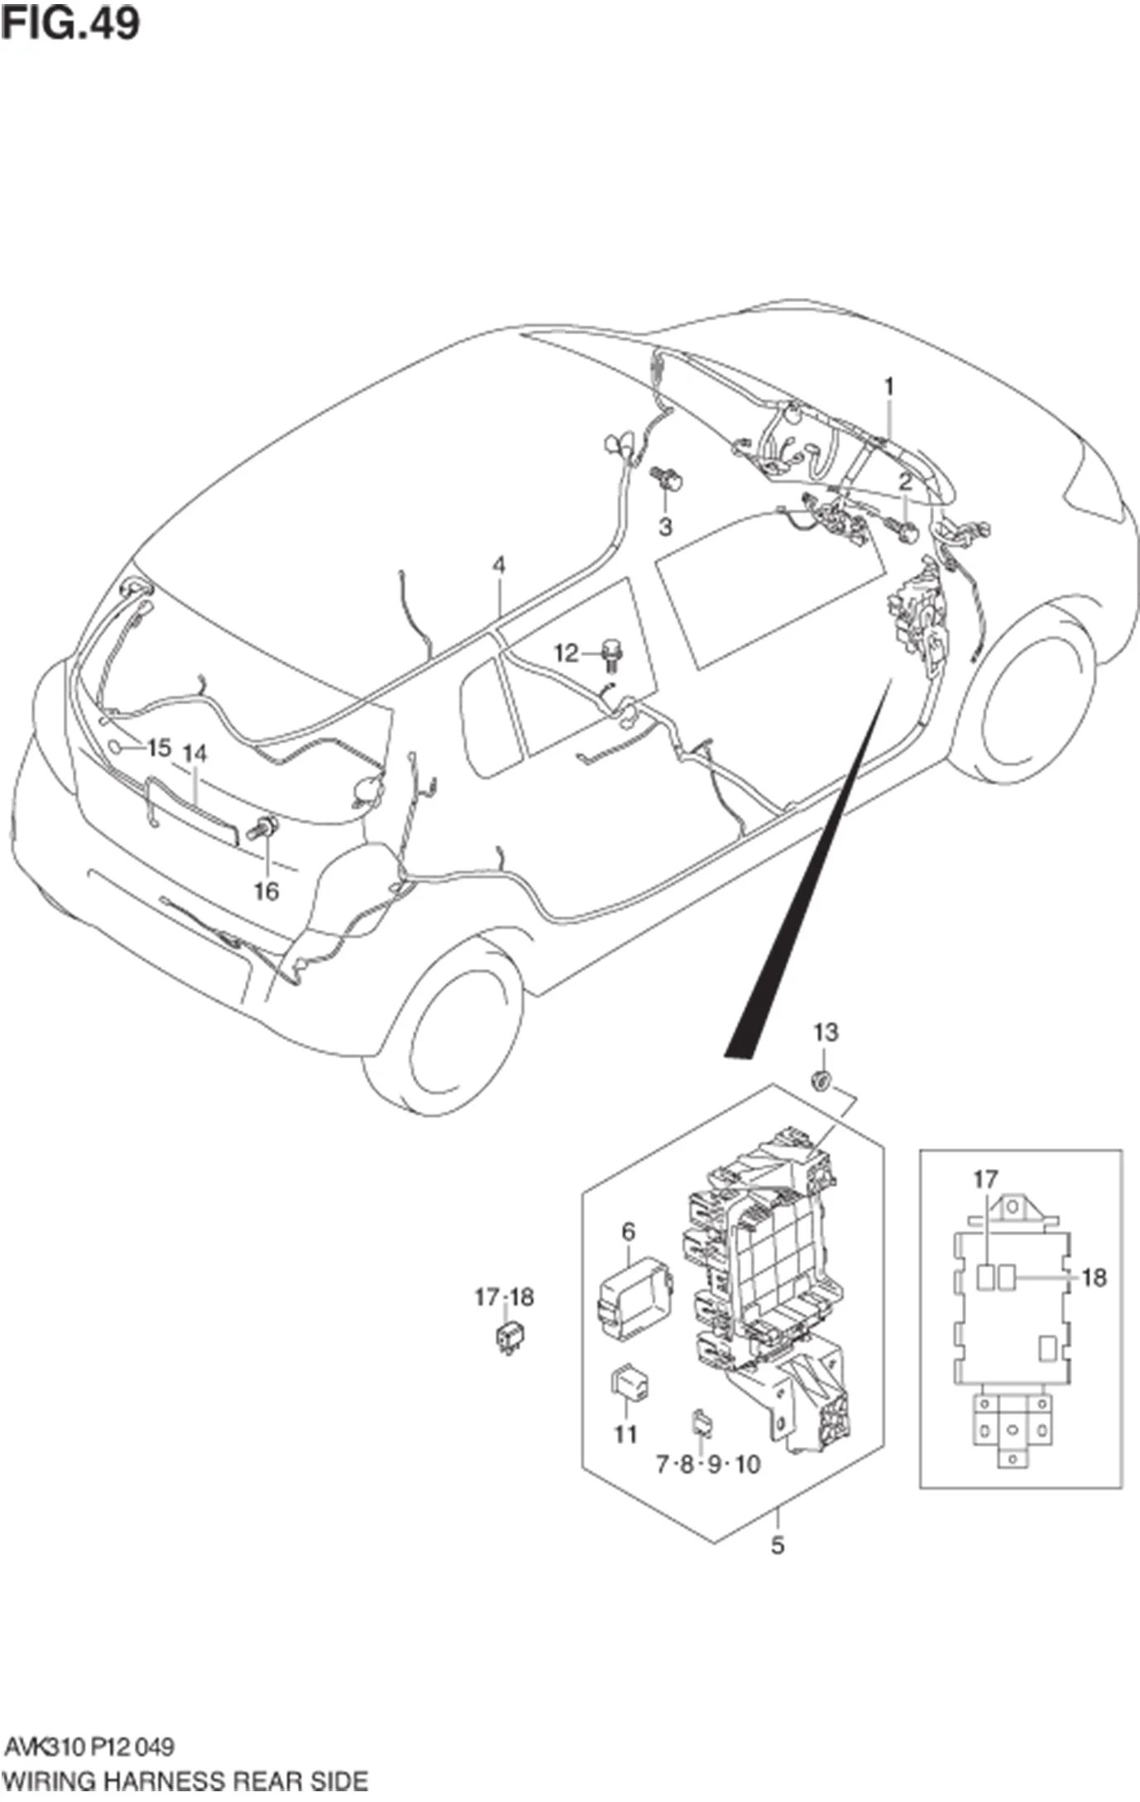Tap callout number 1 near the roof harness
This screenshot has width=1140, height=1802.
coord(889,386)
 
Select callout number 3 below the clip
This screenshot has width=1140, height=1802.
coord(665,526)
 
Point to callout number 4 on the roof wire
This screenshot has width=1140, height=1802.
coord(499,566)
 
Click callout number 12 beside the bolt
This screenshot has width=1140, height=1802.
coord(565,654)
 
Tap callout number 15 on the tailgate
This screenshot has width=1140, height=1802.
coord(158,748)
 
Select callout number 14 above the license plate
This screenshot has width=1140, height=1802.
coord(194,754)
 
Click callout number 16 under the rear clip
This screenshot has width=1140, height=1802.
coord(266,892)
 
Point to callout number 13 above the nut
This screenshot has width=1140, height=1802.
coord(826,1032)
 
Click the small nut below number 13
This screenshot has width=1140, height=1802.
coord(821,1079)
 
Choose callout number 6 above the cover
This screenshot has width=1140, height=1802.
coord(628,1255)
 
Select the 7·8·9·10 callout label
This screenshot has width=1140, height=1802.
coord(707,1465)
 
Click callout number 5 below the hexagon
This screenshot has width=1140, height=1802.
coord(777,1545)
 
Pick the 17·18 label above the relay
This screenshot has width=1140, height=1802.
coord(504,1297)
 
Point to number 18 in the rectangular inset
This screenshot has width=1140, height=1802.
coord(1094,1278)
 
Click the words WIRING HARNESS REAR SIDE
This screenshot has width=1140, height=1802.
coord(185,1780)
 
